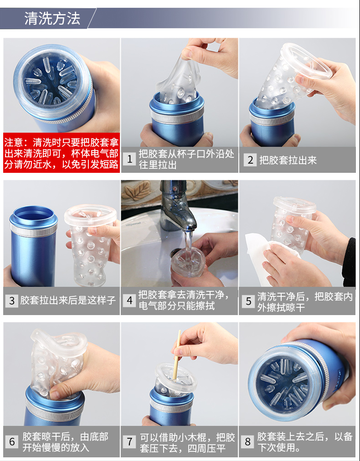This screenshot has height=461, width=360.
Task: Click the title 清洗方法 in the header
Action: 52,19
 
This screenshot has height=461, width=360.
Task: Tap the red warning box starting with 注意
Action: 62,153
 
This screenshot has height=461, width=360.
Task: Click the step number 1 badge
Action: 129,159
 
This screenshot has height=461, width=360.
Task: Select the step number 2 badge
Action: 250,160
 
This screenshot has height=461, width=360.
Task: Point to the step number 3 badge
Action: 12,300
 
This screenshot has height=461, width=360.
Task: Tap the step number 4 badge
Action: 129,300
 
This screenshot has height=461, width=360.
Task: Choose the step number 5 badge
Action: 248,301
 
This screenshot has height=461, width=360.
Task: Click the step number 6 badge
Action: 12,441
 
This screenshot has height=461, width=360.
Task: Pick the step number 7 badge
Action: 129,441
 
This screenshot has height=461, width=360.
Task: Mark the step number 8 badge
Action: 247,441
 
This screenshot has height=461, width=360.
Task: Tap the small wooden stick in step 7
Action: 176,356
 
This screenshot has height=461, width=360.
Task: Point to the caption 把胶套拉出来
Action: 288,160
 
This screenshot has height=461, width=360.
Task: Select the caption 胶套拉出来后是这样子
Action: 68,300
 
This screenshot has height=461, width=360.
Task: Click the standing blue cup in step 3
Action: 33,246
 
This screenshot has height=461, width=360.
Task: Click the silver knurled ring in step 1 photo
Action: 177,116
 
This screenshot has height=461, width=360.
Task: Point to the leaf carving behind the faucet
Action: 136,191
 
